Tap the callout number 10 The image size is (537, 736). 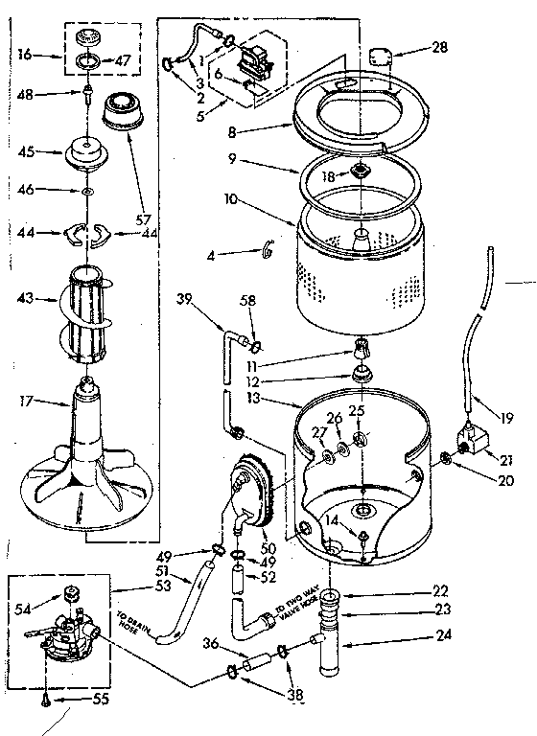229,201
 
